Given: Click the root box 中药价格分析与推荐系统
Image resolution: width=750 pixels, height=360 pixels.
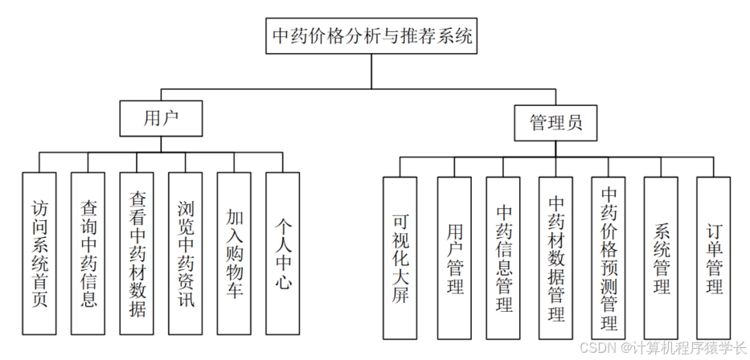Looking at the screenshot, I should coord(372,36).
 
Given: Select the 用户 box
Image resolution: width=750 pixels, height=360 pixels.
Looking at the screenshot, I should coord(161,118).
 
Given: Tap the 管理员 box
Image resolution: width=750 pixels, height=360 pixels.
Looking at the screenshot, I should coord(556,122).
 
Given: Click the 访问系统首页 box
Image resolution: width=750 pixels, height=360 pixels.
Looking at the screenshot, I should coord(40,253).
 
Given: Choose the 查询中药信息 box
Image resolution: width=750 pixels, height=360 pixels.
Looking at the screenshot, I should coord(88,253).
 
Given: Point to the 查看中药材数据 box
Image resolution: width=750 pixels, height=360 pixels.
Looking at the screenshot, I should coord(137,253).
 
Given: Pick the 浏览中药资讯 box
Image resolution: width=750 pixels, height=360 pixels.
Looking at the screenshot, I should coord(186,253).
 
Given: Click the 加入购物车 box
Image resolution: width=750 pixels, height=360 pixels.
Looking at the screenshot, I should coord(234,253).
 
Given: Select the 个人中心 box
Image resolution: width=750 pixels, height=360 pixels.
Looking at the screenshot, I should coord(282,253).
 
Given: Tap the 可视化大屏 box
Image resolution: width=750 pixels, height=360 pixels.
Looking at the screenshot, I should coord(400,257).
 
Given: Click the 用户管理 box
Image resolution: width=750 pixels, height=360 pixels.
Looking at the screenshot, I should coord(454,257).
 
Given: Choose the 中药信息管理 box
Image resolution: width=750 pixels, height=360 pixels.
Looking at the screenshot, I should coord(504,257).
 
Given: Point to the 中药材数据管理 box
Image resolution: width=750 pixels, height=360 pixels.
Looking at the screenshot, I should coord(556,257).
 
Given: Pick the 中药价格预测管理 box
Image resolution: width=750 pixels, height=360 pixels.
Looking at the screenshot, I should coord(609,257).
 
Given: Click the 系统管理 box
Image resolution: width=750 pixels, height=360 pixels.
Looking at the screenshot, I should coord(661,257).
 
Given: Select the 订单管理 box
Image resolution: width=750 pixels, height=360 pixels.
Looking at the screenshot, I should coord(713,257).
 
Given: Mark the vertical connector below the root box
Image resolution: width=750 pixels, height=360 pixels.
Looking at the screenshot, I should coord(371,71).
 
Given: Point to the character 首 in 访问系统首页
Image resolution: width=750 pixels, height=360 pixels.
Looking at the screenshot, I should coord(40,279).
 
